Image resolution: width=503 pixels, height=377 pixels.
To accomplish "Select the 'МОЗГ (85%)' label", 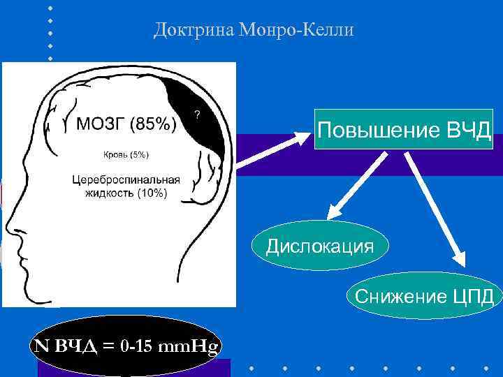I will point(126,125).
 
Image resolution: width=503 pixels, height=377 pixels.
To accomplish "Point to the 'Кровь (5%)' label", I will point(126,154).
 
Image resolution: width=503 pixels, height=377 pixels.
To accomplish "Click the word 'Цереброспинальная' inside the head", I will point(126,179).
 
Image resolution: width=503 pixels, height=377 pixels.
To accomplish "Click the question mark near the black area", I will point(198,115).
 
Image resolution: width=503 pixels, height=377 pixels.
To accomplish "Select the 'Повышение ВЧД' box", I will point(404,129).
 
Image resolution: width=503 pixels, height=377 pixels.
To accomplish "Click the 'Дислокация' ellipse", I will point(320,246).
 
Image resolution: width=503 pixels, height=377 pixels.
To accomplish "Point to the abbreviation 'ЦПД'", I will point(472,296).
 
